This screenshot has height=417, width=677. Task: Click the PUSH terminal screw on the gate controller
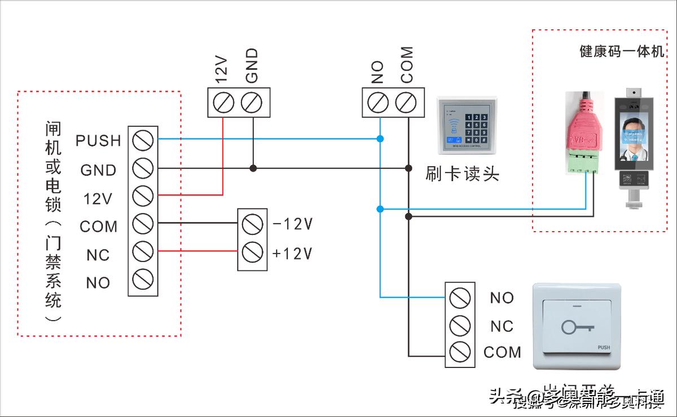(143, 139)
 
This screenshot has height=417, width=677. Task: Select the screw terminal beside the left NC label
(143, 251)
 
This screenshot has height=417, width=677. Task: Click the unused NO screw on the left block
(143, 280)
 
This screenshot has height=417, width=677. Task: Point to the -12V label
(292, 224)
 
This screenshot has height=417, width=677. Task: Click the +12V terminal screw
(252, 252)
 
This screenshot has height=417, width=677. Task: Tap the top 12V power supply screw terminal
(223, 103)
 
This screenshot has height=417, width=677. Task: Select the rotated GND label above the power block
(252, 65)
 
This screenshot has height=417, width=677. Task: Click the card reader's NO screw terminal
(377, 103)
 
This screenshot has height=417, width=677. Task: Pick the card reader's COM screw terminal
(405, 103)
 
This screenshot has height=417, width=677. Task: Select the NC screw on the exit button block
(460, 325)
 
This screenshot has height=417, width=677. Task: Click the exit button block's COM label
(502, 353)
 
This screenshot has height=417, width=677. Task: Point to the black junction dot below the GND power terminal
(253, 168)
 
